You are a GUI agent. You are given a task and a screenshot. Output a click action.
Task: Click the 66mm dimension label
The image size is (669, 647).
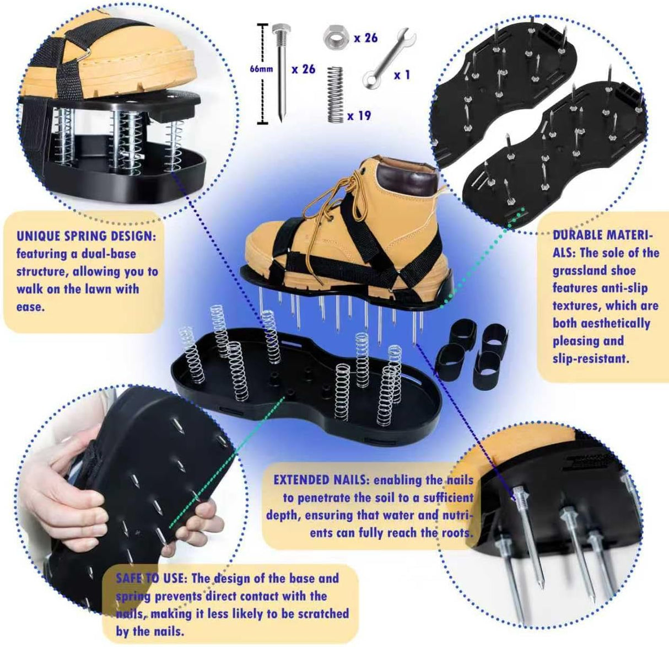pyautogui.click(x=261, y=69)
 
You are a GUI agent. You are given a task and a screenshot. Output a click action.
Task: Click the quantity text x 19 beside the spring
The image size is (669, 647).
pyautogui.click(x=359, y=116)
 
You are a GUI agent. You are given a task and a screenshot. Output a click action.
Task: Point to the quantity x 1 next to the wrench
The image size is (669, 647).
pyautogui.click(x=402, y=74)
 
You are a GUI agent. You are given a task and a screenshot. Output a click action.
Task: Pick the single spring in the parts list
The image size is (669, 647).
pyautogui.click(x=334, y=94)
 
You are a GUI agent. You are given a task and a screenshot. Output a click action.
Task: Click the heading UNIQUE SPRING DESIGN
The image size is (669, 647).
pyautogui.click(x=86, y=236)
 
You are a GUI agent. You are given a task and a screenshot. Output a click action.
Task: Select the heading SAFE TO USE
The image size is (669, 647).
pyautogui.click(x=152, y=579)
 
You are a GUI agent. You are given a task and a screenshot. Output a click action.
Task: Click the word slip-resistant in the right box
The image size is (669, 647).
pyautogui.click(x=590, y=359)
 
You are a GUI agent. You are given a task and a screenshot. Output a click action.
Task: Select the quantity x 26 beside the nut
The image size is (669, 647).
pyautogui.click(x=365, y=38)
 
